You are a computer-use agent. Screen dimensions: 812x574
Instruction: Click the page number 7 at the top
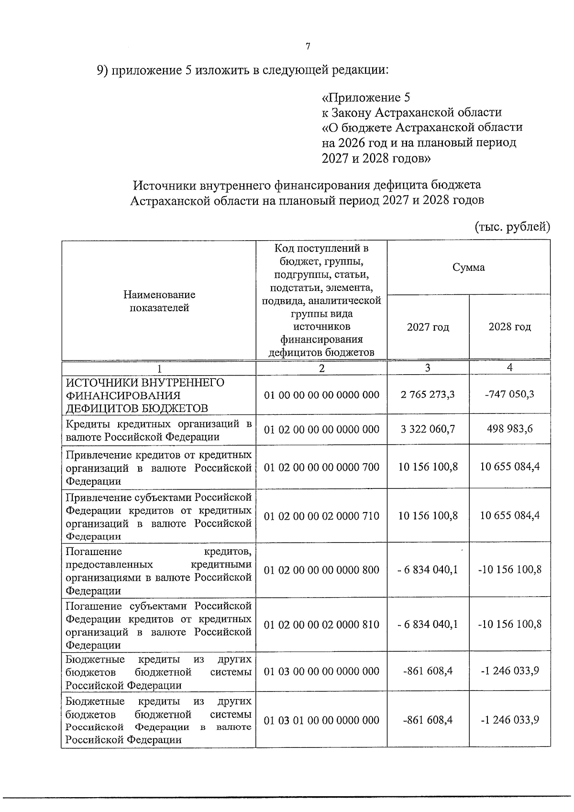(x=308, y=46)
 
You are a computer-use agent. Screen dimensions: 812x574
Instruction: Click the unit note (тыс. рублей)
(x=512, y=226)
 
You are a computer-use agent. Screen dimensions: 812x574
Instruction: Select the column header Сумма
(x=468, y=267)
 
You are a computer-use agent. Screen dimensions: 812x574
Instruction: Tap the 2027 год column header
(x=428, y=327)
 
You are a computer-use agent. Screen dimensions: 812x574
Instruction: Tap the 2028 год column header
(x=509, y=327)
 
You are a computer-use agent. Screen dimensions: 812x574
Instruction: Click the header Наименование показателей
(x=159, y=301)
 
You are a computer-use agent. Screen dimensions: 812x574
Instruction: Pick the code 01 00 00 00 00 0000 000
(x=321, y=395)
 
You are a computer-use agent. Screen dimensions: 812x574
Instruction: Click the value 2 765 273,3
(x=428, y=394)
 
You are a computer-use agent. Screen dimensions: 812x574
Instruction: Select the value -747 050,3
(x=509, y=394)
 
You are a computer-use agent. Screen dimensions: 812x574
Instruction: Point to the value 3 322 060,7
(x=428, y=429)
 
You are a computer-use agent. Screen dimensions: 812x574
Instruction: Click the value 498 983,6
(x=509, y=429)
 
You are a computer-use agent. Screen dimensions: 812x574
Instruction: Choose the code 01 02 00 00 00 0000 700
(x=321, y=467)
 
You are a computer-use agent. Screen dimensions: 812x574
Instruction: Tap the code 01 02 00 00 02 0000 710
(x=321, y=516)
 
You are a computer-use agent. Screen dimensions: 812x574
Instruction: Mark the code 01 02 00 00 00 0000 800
(x=321, y=570)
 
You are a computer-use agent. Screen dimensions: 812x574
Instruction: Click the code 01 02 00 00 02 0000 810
(x=321, y=624)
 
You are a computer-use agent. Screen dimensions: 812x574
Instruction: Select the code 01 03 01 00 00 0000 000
(x=321, y=720)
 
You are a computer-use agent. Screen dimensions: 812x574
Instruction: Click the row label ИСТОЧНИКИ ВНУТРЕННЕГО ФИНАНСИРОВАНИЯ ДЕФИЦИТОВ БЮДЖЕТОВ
(x=145, y=395)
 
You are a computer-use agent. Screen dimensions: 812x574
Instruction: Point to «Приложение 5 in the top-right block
(x=366, y=98)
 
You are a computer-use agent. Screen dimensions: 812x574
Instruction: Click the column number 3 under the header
(x=428, y=367)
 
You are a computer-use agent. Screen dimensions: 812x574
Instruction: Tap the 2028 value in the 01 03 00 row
(x=509, y=671)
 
